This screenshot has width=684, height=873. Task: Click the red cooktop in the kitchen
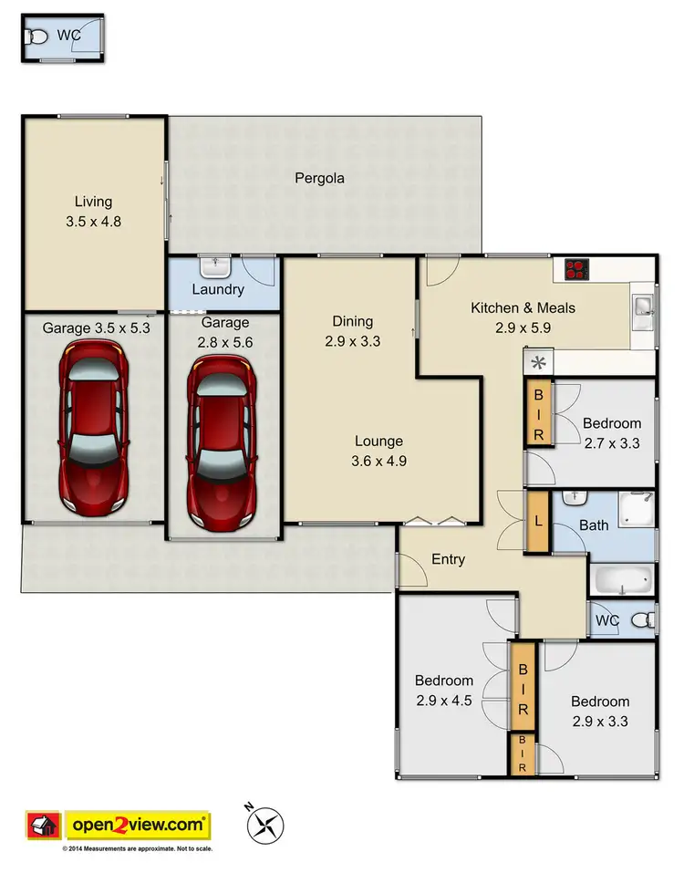tap(576, 269)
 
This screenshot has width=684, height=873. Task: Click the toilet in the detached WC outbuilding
tap(36, 37)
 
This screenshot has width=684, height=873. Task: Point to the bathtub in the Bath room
tap(623, 579)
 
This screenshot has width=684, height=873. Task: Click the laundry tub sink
tap(215, 268)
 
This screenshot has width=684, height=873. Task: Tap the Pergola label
tap(319, 179)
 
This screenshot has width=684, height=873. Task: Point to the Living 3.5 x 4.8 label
tap(94, 211)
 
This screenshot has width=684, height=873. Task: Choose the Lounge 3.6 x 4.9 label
tap(379, 451)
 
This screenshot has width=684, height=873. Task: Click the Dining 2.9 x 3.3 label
tap(352, 330)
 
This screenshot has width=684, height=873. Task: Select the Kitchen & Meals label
tap(523, 317)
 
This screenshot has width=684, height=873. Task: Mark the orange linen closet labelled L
tap(538, 521)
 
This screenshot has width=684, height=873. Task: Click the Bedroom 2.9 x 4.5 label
tap(444, 690)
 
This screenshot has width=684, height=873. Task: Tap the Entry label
tap(448, 559)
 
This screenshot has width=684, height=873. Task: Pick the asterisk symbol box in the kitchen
tap(537, 362)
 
